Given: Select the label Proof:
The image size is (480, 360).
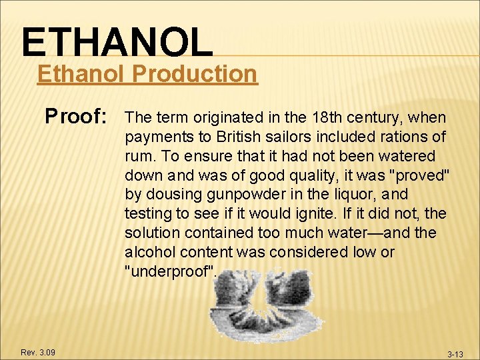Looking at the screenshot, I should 77,117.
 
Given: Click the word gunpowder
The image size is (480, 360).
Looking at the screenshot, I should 227,195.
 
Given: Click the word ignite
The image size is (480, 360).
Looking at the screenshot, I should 321,214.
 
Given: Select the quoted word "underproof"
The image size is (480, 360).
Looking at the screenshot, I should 171,272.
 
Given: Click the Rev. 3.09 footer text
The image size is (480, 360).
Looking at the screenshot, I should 38,352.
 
